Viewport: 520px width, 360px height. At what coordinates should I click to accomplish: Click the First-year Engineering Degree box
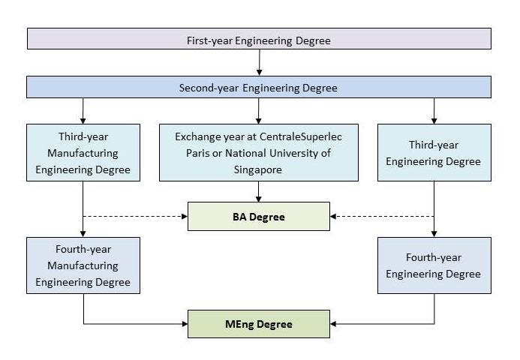tap(259, 39)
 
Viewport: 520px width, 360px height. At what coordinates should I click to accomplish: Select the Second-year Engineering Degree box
tap(259, 88)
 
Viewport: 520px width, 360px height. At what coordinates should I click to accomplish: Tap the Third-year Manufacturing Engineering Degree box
tap(83, 153)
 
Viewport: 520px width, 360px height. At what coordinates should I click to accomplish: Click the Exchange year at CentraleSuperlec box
tap(259, 153)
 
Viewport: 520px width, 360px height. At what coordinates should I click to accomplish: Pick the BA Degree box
tap(259, 216)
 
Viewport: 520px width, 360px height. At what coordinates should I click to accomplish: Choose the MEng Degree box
tap(259, 324)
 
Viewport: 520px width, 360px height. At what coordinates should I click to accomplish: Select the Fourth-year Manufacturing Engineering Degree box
tap(83, 265)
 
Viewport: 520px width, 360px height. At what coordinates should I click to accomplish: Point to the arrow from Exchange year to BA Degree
tap(259, 192)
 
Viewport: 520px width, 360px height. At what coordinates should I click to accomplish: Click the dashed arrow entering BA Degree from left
tap(135, 216)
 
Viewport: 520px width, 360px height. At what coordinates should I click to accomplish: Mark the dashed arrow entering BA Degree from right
tap(383, 216)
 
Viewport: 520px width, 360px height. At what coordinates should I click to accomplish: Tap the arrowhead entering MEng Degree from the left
tap(184, 324)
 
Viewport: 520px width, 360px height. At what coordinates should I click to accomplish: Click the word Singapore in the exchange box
tap(259, 169)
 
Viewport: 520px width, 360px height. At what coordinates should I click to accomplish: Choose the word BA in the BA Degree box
tap(240, 216)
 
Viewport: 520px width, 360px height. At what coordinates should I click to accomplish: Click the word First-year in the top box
tap(209, 39)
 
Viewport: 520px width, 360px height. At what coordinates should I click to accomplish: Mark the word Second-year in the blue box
tap(207, 88)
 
